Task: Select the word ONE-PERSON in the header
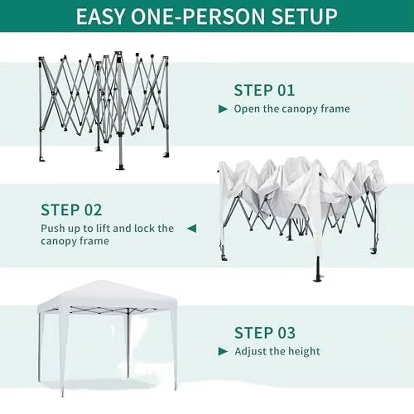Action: pyautogui.click(x=199, y=16)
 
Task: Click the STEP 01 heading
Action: pyautogui.click(x=264, y=90)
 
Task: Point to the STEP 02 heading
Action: pyautogui.click(x=71, y=210)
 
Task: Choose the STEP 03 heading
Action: pyautogui.click(x=264, y=332)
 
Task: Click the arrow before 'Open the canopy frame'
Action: pyautogui.click(x=223, y=109)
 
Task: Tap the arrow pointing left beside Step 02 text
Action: pyautogui.click(x=191, y=228)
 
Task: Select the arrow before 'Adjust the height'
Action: pyautogui.click(x=223, y=352)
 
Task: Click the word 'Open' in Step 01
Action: pyautogui.click(x=246, y=109)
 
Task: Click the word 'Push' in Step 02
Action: pyautogui.click(x=53, y=228)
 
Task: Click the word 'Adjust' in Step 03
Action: pyautogui.click(x=250, y=352)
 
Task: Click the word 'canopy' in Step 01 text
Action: pyautogui.click(x=300, y=109)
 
